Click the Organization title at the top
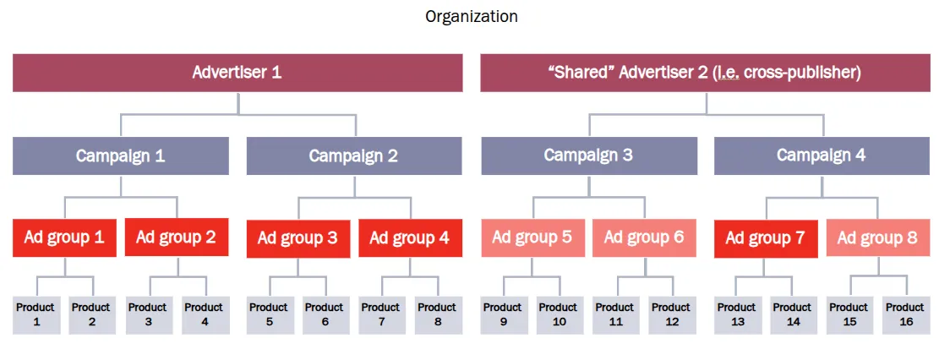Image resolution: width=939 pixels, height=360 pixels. [472, 17]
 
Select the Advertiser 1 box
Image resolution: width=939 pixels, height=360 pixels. [237, 73]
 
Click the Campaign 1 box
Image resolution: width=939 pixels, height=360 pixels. [120, 155]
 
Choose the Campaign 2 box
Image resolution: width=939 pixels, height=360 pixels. [354, 155]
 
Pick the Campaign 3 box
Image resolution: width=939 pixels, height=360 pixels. [589, 155]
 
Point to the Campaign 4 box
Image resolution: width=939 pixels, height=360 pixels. [822, 155]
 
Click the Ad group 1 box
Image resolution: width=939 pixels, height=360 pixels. [65, 237]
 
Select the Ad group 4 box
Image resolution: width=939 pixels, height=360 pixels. [410, 237]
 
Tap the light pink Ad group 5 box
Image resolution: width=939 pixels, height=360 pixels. [533, 237]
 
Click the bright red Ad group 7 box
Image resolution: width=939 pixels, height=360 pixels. [766, 238]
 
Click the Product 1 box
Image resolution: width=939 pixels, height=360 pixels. [36, 314]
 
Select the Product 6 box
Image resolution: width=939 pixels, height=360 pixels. [325, 314]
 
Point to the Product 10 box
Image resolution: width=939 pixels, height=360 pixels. [560, 314]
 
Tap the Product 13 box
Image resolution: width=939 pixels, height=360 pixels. [738, 314]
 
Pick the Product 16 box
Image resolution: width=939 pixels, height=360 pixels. [905, 314]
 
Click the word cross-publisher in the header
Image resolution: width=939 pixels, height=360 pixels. [805, 74]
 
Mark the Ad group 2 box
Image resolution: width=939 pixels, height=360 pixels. [177, 237]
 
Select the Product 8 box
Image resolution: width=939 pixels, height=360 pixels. [438, 314]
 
